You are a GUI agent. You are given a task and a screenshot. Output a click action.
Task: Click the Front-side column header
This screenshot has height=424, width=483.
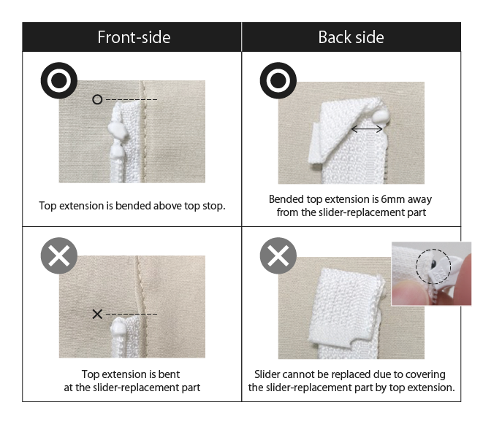point(134,37)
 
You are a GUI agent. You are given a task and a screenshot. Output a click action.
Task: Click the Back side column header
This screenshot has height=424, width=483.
point(351,37)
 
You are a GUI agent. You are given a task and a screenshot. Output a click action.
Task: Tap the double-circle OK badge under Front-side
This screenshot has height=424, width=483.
point(59,80)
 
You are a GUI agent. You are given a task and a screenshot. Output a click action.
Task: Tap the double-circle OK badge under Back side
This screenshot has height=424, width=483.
point(278,80)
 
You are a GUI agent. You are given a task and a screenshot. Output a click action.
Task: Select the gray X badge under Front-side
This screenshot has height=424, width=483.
point(59,255)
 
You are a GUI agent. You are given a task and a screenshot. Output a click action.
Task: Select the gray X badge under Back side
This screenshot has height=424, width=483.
point(278,255)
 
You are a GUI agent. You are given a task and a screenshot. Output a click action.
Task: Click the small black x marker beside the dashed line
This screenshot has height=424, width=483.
point(97,314)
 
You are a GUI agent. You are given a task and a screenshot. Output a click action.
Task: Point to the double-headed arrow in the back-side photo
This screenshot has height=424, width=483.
point(367,129)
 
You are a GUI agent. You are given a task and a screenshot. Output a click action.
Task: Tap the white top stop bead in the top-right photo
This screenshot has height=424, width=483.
point(381,118)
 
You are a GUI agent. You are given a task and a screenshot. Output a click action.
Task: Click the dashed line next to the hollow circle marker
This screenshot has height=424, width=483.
point(132,99)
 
